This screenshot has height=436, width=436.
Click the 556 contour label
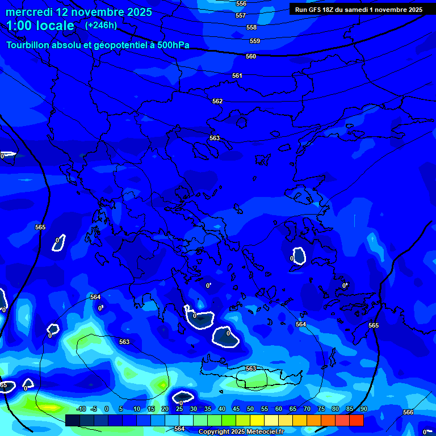[x=241, y=3]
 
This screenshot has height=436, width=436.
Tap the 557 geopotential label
[x=241, y=15]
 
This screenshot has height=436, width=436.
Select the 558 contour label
[x=251, y=27]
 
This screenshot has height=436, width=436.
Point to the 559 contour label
[x=255, y=41]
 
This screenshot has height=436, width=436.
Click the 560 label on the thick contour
[x=251, y=56]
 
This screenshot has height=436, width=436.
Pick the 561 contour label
[x=237, y=76]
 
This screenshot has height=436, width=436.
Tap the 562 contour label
[x=217, y=101]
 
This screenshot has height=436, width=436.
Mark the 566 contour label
[x=408, y=412]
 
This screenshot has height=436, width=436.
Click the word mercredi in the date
[x=29, y=12]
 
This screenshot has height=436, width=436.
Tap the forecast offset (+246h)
[x=101, y=25]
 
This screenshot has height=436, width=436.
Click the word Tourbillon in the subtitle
[x=30, y=45]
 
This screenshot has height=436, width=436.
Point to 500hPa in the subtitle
[x=173, y=45]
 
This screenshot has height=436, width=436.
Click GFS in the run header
[x=316, y=10]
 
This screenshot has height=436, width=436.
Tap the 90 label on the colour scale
[x=363, y=409]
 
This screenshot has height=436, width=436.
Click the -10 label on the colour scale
[x=81, y=409]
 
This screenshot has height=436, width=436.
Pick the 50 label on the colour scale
[x=250, y=409]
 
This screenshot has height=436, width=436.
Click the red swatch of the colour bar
[x=356, y=420]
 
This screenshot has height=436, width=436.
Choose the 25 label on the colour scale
[x=179, y=409]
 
